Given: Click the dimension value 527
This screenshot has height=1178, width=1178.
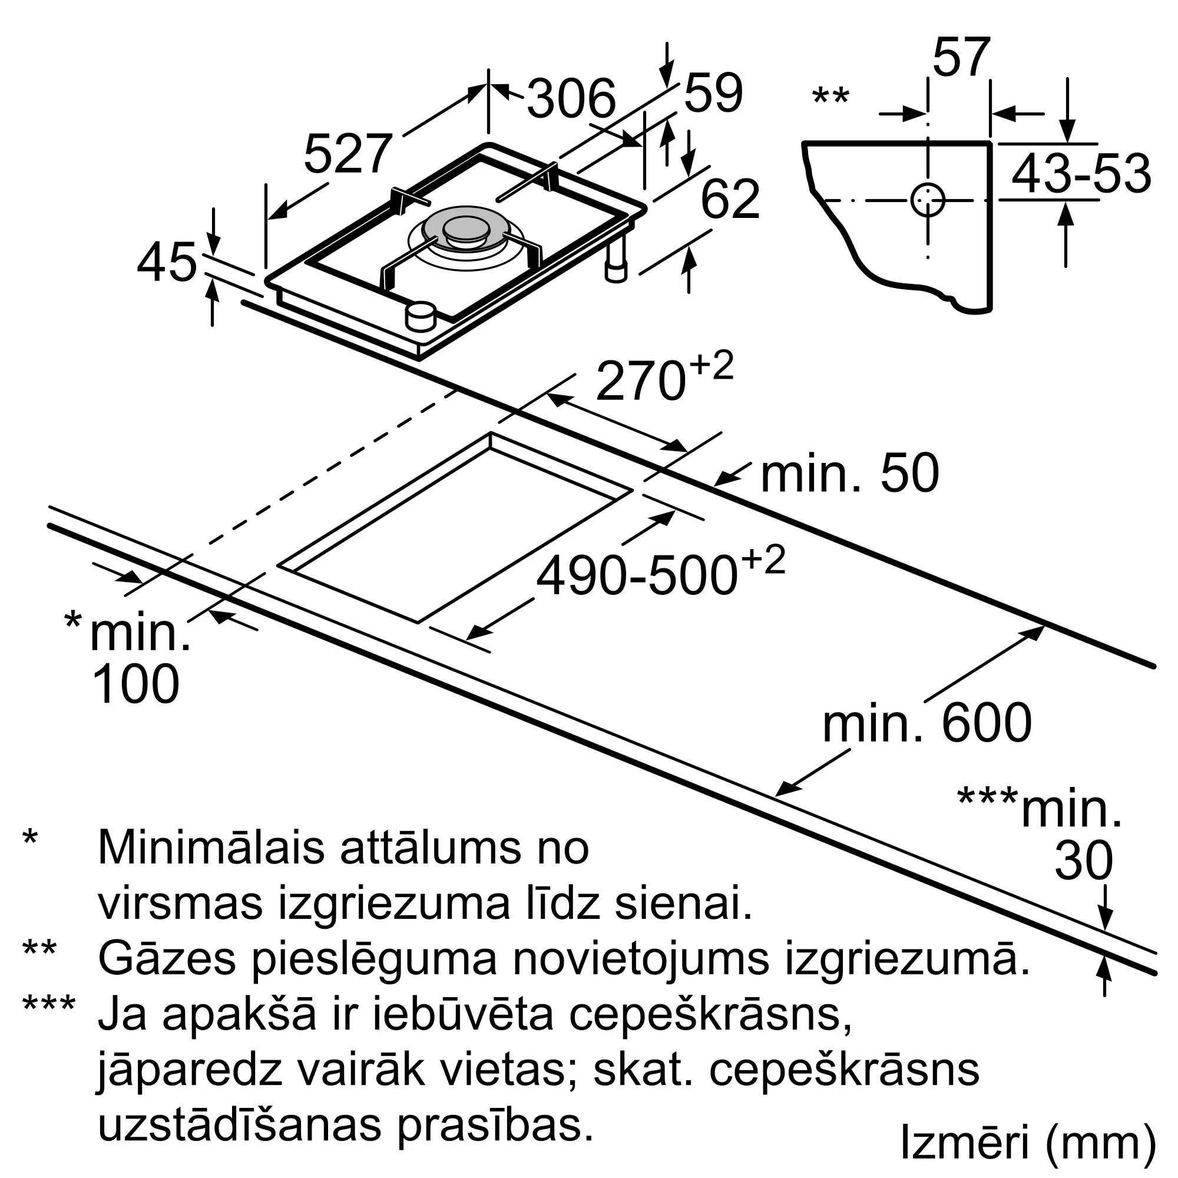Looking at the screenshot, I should pos(347,155).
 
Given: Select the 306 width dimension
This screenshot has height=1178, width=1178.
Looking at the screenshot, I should pos(571,99).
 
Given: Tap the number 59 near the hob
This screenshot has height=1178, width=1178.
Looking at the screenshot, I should pos(713,93).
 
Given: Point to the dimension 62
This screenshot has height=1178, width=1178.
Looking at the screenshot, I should pos(730,200).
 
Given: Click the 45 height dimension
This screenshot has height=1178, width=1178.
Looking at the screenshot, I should pos(167,263).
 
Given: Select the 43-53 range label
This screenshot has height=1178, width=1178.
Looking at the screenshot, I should pos(1081,174).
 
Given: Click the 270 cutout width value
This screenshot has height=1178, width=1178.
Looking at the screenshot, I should pos(640,382).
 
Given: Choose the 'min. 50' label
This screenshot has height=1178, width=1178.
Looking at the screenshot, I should pos(849,474).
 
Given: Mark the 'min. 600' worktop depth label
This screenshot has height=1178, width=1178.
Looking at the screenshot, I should pos(926,723).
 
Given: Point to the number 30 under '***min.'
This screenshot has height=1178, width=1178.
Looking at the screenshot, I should pos(1084,862).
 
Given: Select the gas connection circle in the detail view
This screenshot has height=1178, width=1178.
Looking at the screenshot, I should pos(928,201).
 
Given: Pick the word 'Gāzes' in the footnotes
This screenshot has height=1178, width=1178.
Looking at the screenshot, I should pos(167,959).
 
